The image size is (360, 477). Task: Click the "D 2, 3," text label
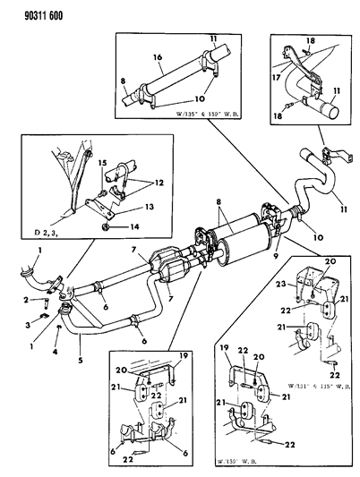(x=48, y=235)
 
